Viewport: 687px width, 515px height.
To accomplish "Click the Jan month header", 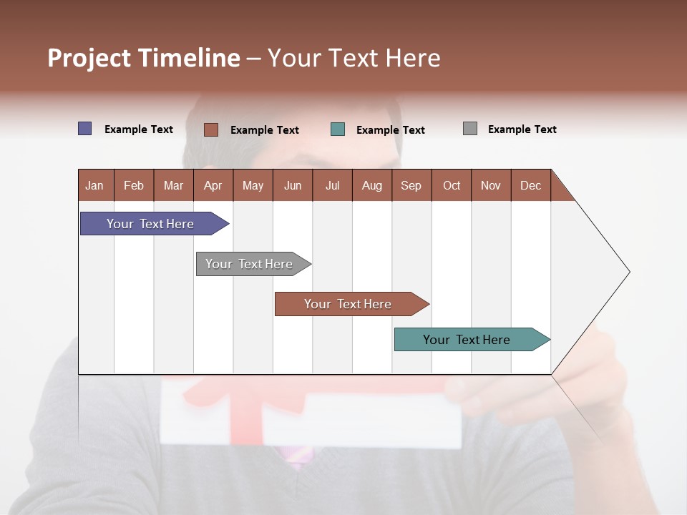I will coord(95,185).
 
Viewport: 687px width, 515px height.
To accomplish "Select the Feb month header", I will coord(134,185).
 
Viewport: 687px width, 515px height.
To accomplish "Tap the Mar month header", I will coord(173,185).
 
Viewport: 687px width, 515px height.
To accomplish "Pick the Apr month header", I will coord(213,185).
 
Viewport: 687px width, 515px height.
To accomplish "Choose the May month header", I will coord(253,185).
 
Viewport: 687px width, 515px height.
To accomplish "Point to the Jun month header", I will coord(293,185).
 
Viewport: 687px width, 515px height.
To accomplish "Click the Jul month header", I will coord(332,185).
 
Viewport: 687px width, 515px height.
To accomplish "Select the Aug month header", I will coord(372,185).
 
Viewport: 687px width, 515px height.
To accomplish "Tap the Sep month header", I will coord(411,185).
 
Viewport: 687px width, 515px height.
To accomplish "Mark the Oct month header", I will coord(452,185).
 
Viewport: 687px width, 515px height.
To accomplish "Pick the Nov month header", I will coord(491,185).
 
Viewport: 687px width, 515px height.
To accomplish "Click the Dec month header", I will coord(531,185).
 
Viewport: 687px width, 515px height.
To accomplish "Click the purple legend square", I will coord(85,129).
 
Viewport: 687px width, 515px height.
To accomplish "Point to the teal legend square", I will coord(338,129).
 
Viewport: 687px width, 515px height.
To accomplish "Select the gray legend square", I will coord(470,129).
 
